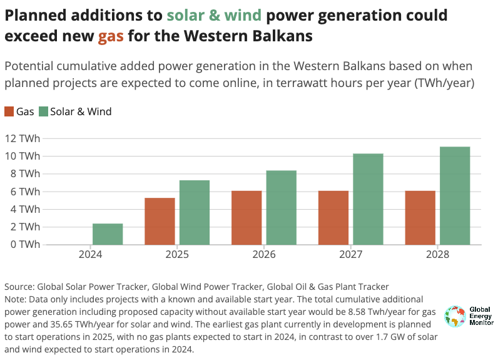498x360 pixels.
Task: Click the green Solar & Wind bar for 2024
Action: (108, 234)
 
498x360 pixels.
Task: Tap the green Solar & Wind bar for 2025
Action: (195, 212)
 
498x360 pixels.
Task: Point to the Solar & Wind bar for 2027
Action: (368, 199)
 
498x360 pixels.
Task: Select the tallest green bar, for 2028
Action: (455, 195)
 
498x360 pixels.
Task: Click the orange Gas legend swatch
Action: (9, 111)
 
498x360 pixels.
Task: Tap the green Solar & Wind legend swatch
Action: (43, 111)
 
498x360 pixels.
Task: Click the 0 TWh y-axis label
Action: (26, 244)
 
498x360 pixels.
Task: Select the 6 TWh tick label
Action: (26, 192)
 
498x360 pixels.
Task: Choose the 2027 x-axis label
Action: (350, 255)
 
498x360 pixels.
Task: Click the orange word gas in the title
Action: (110, 36)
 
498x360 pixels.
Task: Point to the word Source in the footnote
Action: (19, 287)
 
